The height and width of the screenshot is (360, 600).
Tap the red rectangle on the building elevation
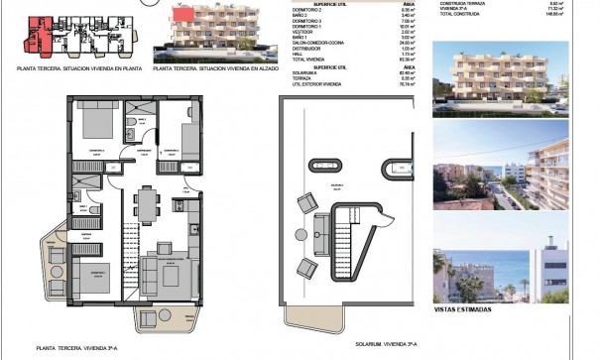[182, 18]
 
